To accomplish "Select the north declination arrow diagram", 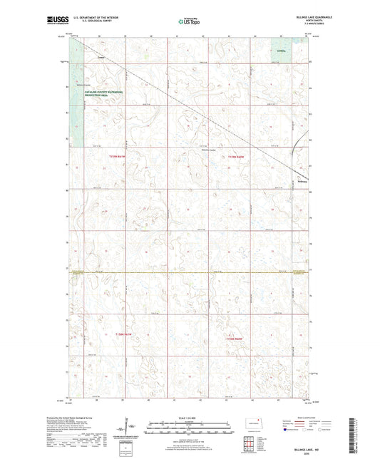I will pyautogui.click(x=130, y=428).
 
